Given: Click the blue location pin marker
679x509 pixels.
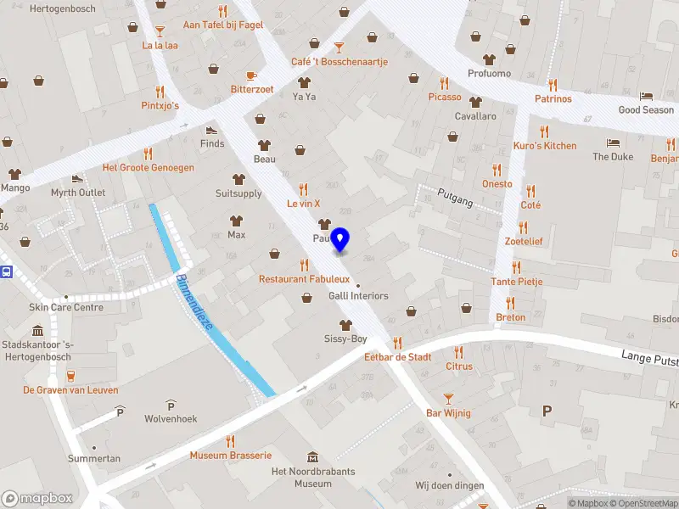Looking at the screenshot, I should pos(340,239).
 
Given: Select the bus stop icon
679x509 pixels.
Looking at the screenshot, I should pos(8,271).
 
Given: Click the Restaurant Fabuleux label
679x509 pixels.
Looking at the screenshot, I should pos(304,279).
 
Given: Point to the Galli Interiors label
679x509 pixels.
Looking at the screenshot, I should pos(358,296).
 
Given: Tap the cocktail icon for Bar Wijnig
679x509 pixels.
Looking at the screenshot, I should pos(448,398).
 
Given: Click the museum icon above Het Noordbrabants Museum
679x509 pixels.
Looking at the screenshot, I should pos(313,457).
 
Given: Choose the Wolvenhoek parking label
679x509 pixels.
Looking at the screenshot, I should pos(171,418).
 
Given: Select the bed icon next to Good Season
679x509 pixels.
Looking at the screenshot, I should pos(646,96).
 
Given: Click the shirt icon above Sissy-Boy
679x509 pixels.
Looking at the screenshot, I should pos(345,325).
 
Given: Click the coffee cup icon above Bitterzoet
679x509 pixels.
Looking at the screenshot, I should pos(251,75).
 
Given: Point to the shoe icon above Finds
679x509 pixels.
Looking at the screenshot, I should pos(211,130).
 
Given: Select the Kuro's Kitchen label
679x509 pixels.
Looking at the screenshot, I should pos(545,146).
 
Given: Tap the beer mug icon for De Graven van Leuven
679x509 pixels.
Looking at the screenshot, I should pos(70,375).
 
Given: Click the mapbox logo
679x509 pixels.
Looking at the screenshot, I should pos(36,499).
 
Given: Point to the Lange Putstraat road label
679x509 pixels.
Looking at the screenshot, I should pos(649,359).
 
